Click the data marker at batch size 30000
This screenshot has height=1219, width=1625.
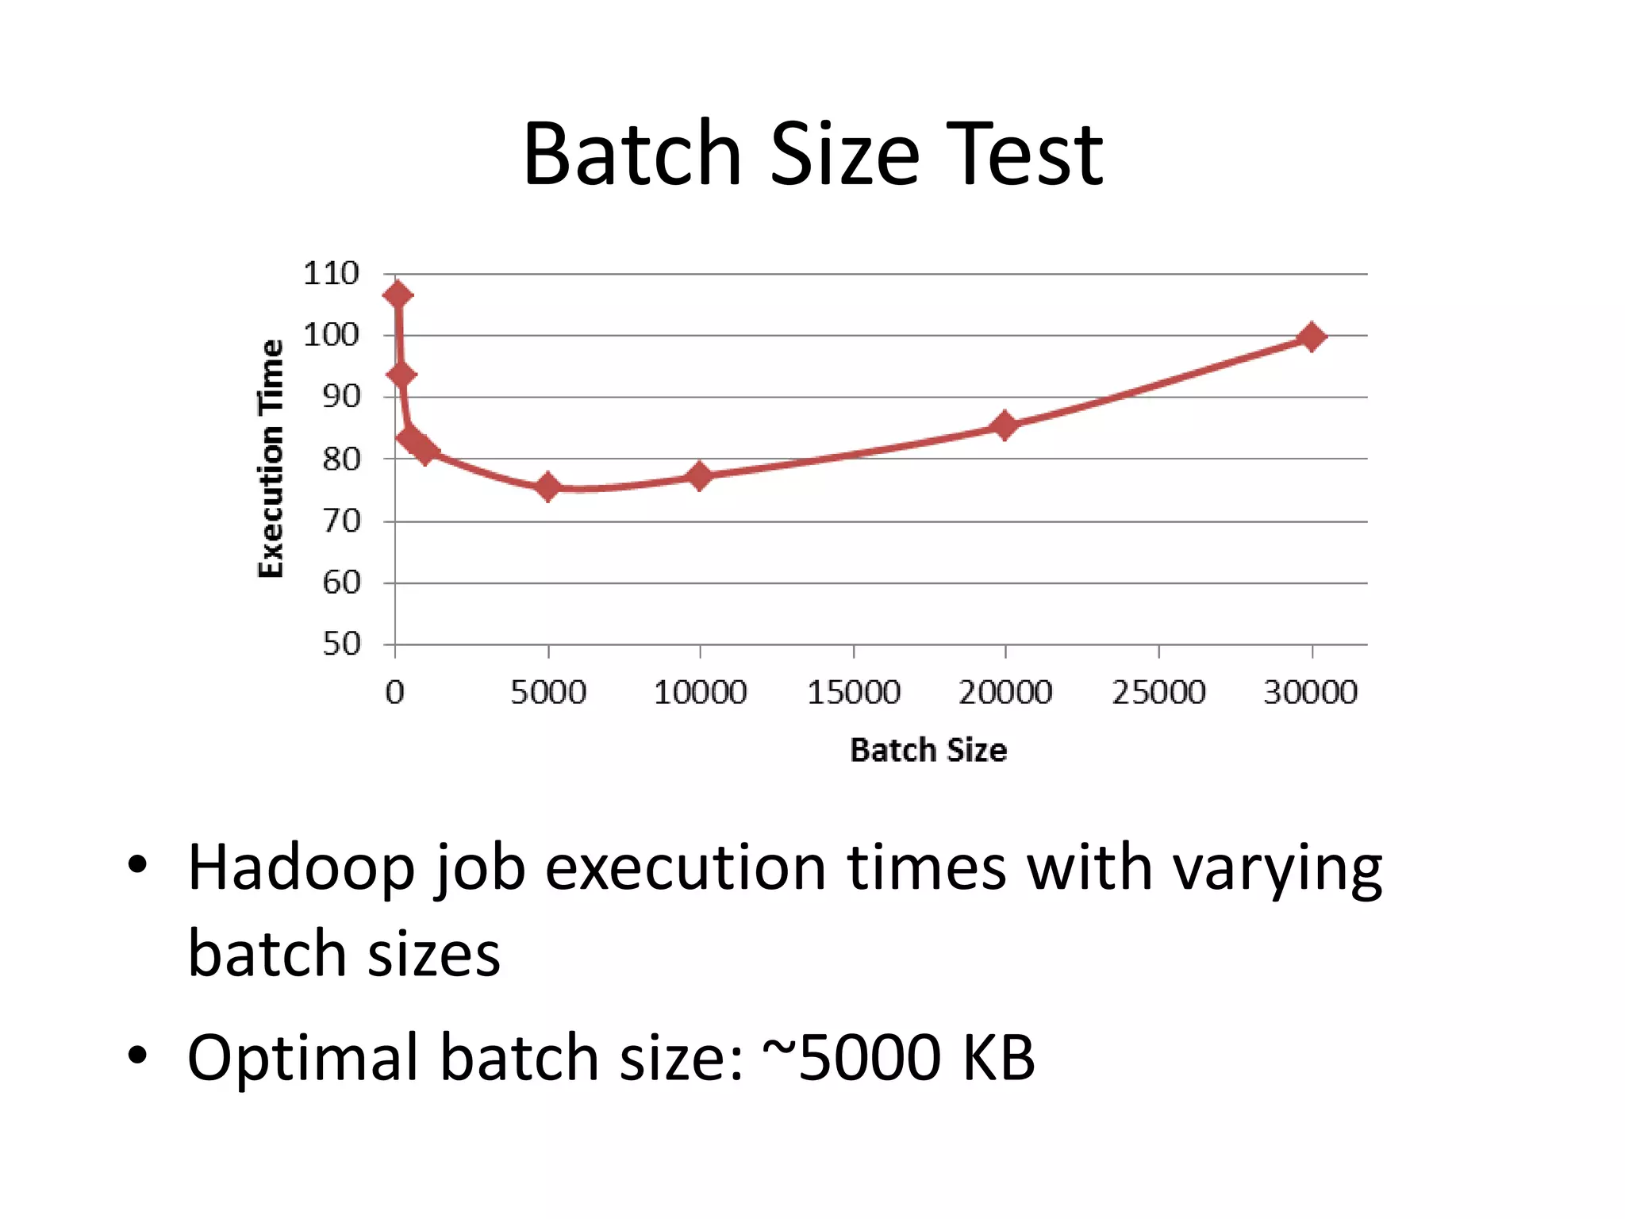1312,336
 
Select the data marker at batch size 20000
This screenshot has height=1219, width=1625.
1005,425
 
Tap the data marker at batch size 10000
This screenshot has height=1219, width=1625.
699,476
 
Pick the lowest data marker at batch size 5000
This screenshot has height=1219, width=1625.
547,486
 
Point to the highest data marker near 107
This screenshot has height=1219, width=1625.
398,295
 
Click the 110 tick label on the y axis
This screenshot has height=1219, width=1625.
331,274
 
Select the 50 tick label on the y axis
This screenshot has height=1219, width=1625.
341,644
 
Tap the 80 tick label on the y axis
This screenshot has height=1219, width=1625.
341,459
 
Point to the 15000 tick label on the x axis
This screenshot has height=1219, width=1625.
853,692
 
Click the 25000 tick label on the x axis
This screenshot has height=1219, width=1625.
1158,692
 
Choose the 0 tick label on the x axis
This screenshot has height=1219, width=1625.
394,692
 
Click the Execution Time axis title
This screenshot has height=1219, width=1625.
271,459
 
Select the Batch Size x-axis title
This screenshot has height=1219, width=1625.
928,750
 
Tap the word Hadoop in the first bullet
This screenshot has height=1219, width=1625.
301,867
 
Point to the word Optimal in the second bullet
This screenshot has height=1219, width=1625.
302,1057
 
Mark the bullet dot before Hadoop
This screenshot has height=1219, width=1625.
137,865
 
